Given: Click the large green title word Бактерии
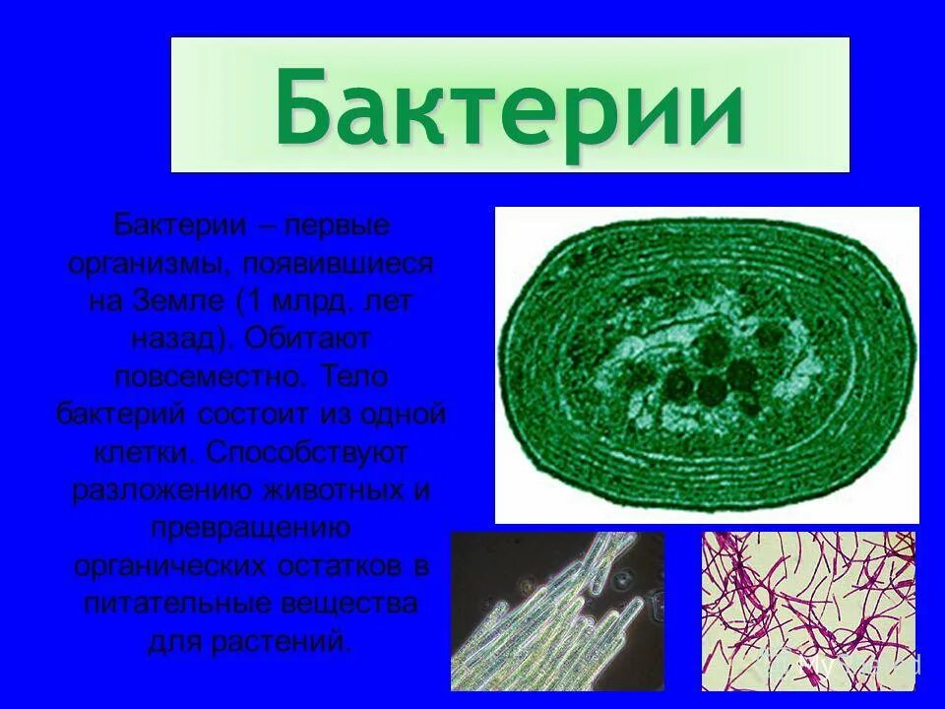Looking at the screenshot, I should pyautogui.click(x=509, y=106).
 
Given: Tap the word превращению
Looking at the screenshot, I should pyautogui.click(x=250, y=528).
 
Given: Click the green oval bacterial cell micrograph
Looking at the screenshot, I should pyautogui.click(x=706, y=364).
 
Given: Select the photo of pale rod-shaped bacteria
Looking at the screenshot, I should pyautogui.click(x=557, y=611).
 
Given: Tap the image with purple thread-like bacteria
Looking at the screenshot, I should pyautogui.click(x=808, y=611).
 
